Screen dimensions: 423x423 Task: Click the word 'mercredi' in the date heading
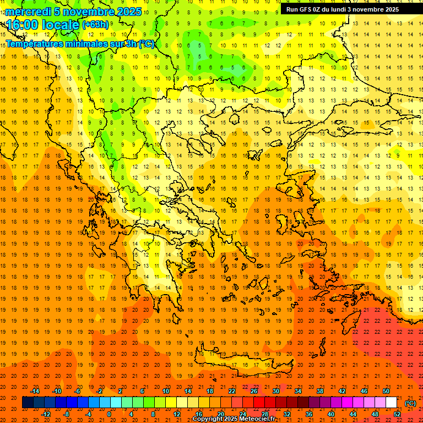click(28, 12)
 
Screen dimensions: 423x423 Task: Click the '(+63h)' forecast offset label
click(95, 25)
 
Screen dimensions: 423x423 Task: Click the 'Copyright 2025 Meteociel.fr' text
click(234, 419)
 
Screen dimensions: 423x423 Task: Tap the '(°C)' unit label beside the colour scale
click(410, 403)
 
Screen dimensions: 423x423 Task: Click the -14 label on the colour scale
click(35, 391)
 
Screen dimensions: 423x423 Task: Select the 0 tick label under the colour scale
click(110, 414)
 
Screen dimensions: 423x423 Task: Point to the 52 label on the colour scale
click(397, 414)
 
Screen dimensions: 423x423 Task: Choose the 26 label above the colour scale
click(254, 391)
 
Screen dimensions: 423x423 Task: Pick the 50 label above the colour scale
click(386, 391)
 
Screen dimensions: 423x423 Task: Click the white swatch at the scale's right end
click(392, 403)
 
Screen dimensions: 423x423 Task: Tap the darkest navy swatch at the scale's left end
click(28, 403)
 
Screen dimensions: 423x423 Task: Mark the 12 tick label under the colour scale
click(177, 414)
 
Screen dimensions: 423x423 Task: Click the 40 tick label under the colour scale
click(331, 414)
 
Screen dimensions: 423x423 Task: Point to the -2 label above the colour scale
click(100, 391)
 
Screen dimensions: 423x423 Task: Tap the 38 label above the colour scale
click(320, 391)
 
